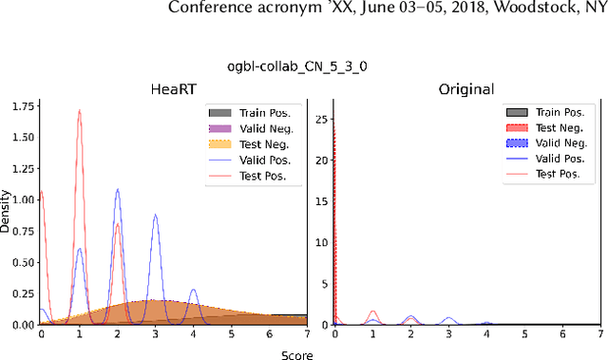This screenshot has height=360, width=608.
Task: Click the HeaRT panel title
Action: click(x=173, y=89)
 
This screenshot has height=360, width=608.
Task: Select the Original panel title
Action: click(x=465, y=89)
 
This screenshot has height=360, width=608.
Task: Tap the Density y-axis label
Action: click(x=6, y=215)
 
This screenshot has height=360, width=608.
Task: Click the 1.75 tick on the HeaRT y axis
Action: click(x=20, y=106)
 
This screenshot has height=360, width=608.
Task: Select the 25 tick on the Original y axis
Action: click(x=323, y=120)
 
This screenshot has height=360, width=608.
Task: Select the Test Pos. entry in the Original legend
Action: click(x=559, y=174)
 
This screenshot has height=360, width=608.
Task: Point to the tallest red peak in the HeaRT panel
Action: click(x=79, y=110)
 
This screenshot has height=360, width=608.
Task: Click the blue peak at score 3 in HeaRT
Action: click(x=155, y=216)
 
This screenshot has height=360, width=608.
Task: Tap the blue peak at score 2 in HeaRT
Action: click(x=117, y=190)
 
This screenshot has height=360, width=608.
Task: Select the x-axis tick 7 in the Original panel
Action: click(x=599, y=334)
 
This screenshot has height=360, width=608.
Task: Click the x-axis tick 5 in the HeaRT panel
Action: click(x=231, y=334)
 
